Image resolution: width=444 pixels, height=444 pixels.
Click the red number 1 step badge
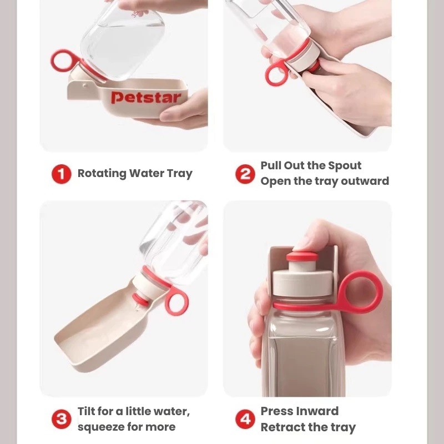(61, 174)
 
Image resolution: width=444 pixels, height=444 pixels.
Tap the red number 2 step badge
(245, 174)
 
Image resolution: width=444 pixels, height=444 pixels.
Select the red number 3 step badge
(61, 419)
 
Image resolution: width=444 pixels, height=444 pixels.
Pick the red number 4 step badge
(245, 419)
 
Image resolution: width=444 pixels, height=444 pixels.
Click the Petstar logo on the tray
(146, 98)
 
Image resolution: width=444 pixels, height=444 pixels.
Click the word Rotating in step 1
(102, 174)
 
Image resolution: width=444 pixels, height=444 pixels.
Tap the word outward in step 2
(365, 181)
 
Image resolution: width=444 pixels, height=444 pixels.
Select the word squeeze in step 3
(100, 427)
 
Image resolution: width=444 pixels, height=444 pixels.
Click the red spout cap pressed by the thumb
(302, 256)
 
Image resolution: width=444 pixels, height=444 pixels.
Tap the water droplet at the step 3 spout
(137, 308)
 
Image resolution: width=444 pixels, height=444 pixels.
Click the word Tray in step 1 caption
(179, 174)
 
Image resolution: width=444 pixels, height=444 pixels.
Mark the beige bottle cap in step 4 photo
(302, 283)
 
